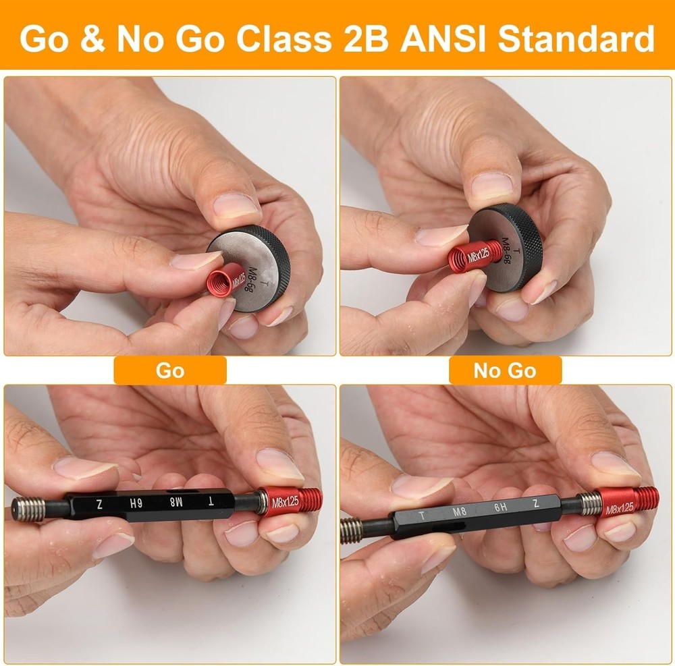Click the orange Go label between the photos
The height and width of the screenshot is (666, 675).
point(169,370)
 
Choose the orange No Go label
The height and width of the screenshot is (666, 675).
point(504,370)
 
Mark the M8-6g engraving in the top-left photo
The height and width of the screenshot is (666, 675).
point(246,273)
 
